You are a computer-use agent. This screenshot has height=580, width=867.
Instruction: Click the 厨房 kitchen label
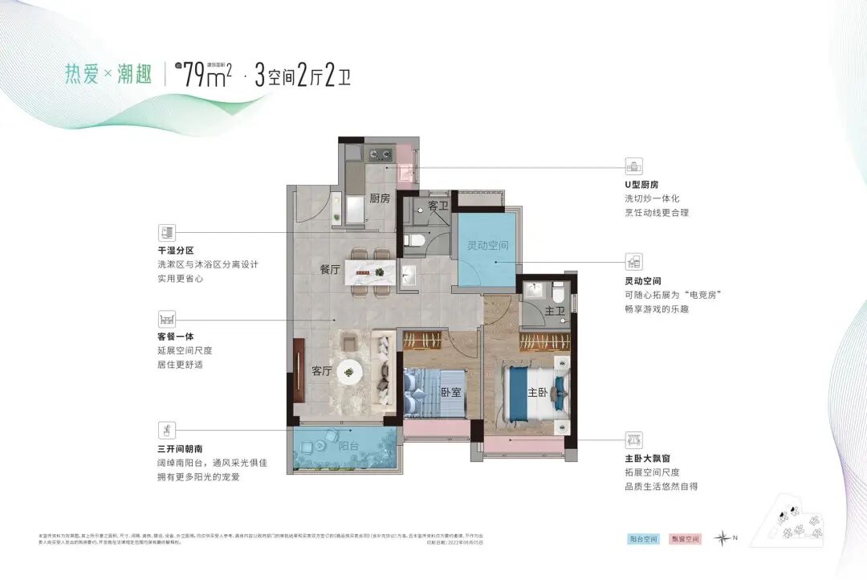[x=380, y=198]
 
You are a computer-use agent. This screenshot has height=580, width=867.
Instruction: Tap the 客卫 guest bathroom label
[x=438, y=206]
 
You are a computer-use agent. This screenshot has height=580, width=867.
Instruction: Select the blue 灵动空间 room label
[x=487, y=246]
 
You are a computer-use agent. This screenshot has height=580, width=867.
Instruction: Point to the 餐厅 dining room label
[x=331, y=270]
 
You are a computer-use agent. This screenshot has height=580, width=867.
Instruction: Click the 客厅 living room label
[x=322, y=371]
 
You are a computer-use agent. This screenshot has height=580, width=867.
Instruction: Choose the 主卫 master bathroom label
[x=553, y=311]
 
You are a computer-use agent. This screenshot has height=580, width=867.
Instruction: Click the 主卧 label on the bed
[x=537, y=393]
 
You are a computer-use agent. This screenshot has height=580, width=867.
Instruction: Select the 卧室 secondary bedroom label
[x=450, y=393]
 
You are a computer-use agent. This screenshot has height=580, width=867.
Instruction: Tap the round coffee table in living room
[x=349, y=370]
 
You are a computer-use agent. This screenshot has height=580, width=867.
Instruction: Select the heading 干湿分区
[x=177, y=250]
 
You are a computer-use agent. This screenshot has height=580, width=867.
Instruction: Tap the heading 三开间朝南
[x=181, y=448]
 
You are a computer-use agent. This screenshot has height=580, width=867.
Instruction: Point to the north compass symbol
[x=724, y=537]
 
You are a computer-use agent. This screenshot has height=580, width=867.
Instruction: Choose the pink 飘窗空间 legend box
[x=686, y=538]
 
